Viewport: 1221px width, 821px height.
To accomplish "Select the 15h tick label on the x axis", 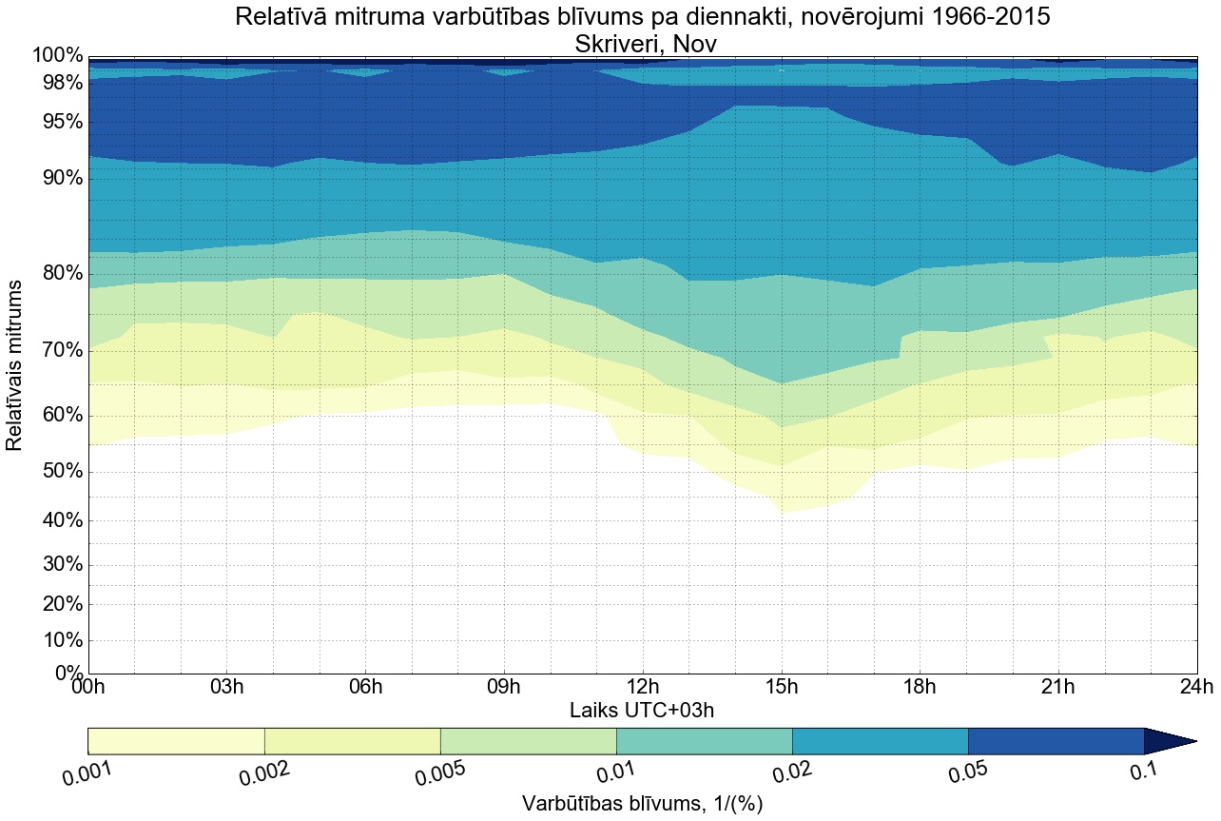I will tap(782, 687).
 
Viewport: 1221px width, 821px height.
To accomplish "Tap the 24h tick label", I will tap(1196, 687).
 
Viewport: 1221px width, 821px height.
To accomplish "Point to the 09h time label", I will tap(504, 687).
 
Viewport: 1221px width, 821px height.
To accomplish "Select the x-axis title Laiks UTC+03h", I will tap(642, 710).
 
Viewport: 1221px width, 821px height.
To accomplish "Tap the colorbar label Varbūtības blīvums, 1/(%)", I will tap(642, 804).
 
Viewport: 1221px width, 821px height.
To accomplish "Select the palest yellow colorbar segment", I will tap(176, 741).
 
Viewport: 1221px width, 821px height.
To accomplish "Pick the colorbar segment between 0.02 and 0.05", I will tap(880, 741).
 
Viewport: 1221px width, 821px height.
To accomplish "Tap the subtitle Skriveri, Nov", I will tap(642, 43).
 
